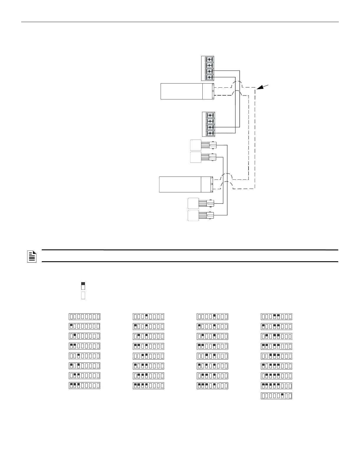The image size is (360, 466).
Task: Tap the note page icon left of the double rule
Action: point(32,256)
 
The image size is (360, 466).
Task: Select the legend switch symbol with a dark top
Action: point(83,286)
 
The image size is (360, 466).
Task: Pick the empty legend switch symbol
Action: point(83,295)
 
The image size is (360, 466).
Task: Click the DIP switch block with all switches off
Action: point(85,317)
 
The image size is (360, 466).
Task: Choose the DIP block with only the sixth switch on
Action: point(276,396)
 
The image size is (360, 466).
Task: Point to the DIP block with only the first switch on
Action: point(85,326)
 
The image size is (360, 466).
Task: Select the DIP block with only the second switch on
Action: point(85,336)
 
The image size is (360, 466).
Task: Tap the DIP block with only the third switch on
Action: point(85,356)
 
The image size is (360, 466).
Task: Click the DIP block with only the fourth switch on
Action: point(149,317)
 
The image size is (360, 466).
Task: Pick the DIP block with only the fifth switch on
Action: point(212,317)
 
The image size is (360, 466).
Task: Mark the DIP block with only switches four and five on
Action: point(276,317)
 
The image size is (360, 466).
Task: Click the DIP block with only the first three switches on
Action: point(85,385)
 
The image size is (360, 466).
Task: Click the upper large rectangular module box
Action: point(187,91)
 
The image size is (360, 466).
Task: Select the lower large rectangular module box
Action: point(185,184)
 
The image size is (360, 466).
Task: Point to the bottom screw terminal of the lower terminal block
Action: point(210,133)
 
